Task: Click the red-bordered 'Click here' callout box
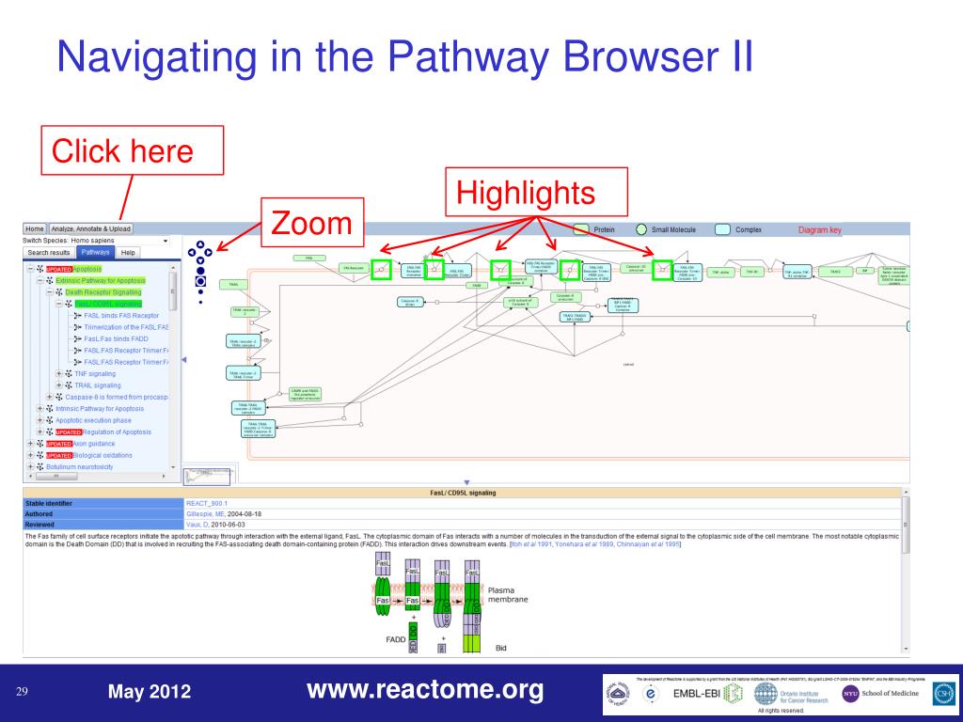click(x=132, y=149)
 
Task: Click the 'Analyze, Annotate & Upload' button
click(x=91, y=228)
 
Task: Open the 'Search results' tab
click(x=48, y=252)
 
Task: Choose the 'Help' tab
click(x=128, y=252)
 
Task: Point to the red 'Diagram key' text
click(x=820, y=229)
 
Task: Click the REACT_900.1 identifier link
click(x=207, y=504)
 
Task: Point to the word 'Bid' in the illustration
click(x=501, y=647)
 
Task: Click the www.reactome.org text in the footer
click(x=425, y=691)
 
